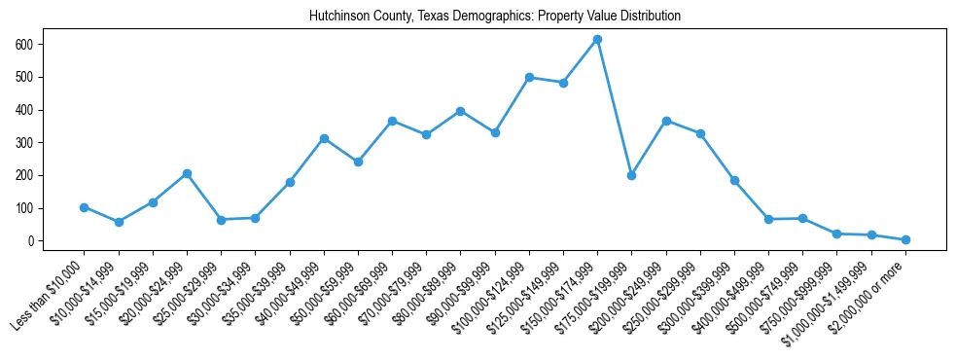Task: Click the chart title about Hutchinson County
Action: pos(494,17)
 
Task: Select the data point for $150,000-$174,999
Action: pos(597,40)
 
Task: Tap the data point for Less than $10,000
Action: pos(84,207)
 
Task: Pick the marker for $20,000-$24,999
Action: pos(187,173)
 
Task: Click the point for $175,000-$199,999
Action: pos(631,175)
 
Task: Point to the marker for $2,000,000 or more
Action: pos(905,239)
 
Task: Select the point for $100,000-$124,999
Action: pos(529,78)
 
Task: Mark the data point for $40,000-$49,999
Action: pos(324,138)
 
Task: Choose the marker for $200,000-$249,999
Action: pos(666,121)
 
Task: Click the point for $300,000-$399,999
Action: pos(734,180)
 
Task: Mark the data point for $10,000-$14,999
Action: pos(119,222)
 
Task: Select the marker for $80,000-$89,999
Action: pos(460,111)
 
